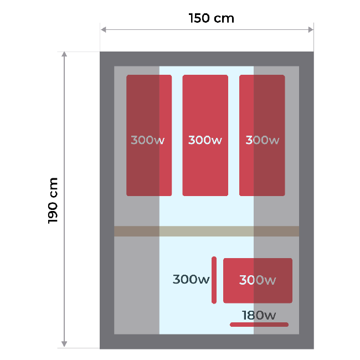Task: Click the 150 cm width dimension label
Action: point(211,18)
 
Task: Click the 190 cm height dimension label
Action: point(54,200)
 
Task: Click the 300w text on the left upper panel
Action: point(148,140)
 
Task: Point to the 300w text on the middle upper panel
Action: point(205,140)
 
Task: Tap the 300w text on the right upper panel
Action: point(262,140)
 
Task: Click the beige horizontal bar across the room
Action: point(207,231)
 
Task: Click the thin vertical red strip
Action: point(214,280)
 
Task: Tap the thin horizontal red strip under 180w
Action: point(259,325)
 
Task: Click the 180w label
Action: point(259,315)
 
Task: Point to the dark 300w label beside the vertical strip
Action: point(191,280)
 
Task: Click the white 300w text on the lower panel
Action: point(258,280)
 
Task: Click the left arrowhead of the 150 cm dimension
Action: point(104,30)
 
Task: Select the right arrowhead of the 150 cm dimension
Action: point(310,30)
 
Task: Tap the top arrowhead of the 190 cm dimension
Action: point(64,55)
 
